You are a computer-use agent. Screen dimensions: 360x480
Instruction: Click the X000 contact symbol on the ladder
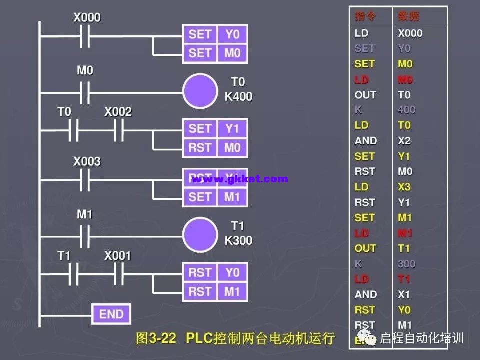coord(85,37)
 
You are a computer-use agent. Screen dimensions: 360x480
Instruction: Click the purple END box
coord(111,314)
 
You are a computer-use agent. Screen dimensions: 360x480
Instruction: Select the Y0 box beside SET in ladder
coord(232,34)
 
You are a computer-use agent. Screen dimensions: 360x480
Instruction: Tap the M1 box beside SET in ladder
coord(232,197)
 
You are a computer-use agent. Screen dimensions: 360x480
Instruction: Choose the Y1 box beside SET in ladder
coord(232,129)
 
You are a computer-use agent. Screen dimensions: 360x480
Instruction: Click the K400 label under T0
coord(238,96)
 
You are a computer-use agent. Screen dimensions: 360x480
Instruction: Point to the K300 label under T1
coord(238,240)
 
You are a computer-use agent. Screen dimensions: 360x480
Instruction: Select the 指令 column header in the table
coord(366,16)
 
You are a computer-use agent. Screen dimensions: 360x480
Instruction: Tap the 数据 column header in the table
coord(409,16)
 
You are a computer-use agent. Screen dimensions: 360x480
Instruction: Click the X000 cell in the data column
coord(410,33)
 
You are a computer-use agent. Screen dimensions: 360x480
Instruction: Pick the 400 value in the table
coord(406,110)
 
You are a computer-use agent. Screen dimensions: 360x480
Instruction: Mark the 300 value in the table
coord(406,264)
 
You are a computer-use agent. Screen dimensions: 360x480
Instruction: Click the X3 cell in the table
coord(404,187)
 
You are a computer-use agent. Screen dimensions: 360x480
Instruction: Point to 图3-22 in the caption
coord(156,338)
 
